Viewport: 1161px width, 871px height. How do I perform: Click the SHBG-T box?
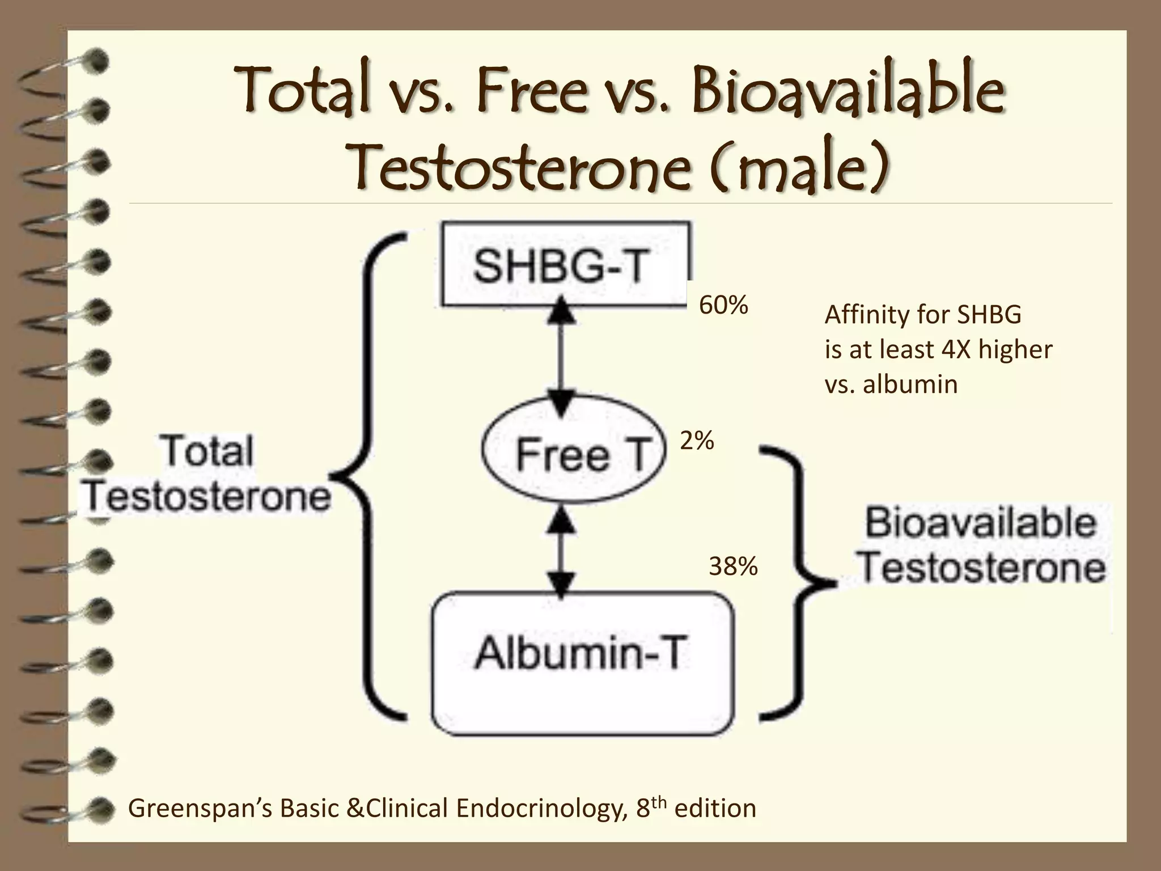coord(566,265)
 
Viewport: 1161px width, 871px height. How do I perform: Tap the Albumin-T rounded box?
coord(582,663)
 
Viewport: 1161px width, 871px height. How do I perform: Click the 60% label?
coord(723,306)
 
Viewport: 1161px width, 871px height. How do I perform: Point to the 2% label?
coord(697,441)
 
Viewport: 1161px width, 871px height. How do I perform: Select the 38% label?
coord(733,566)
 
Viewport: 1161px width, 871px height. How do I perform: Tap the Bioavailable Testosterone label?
coord(981,546)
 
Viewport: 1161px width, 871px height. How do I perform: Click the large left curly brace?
coord(368,476)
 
